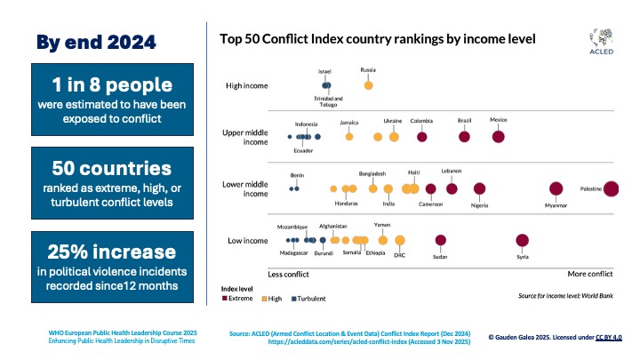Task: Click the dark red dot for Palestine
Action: [x=612, y=188]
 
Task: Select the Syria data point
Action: [x=522, y=240]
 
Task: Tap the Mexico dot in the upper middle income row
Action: [x=499, y=136]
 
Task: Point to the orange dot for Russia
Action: [x=368, y=85]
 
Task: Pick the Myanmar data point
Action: [x=556, y=188]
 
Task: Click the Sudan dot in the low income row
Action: [x=440, y=240]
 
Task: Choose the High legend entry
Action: [x=274, y=299]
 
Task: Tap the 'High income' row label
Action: [x=247, y=85]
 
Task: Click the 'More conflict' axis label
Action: [x=584, y=274]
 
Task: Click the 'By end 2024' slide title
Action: [x=96, y=42]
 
